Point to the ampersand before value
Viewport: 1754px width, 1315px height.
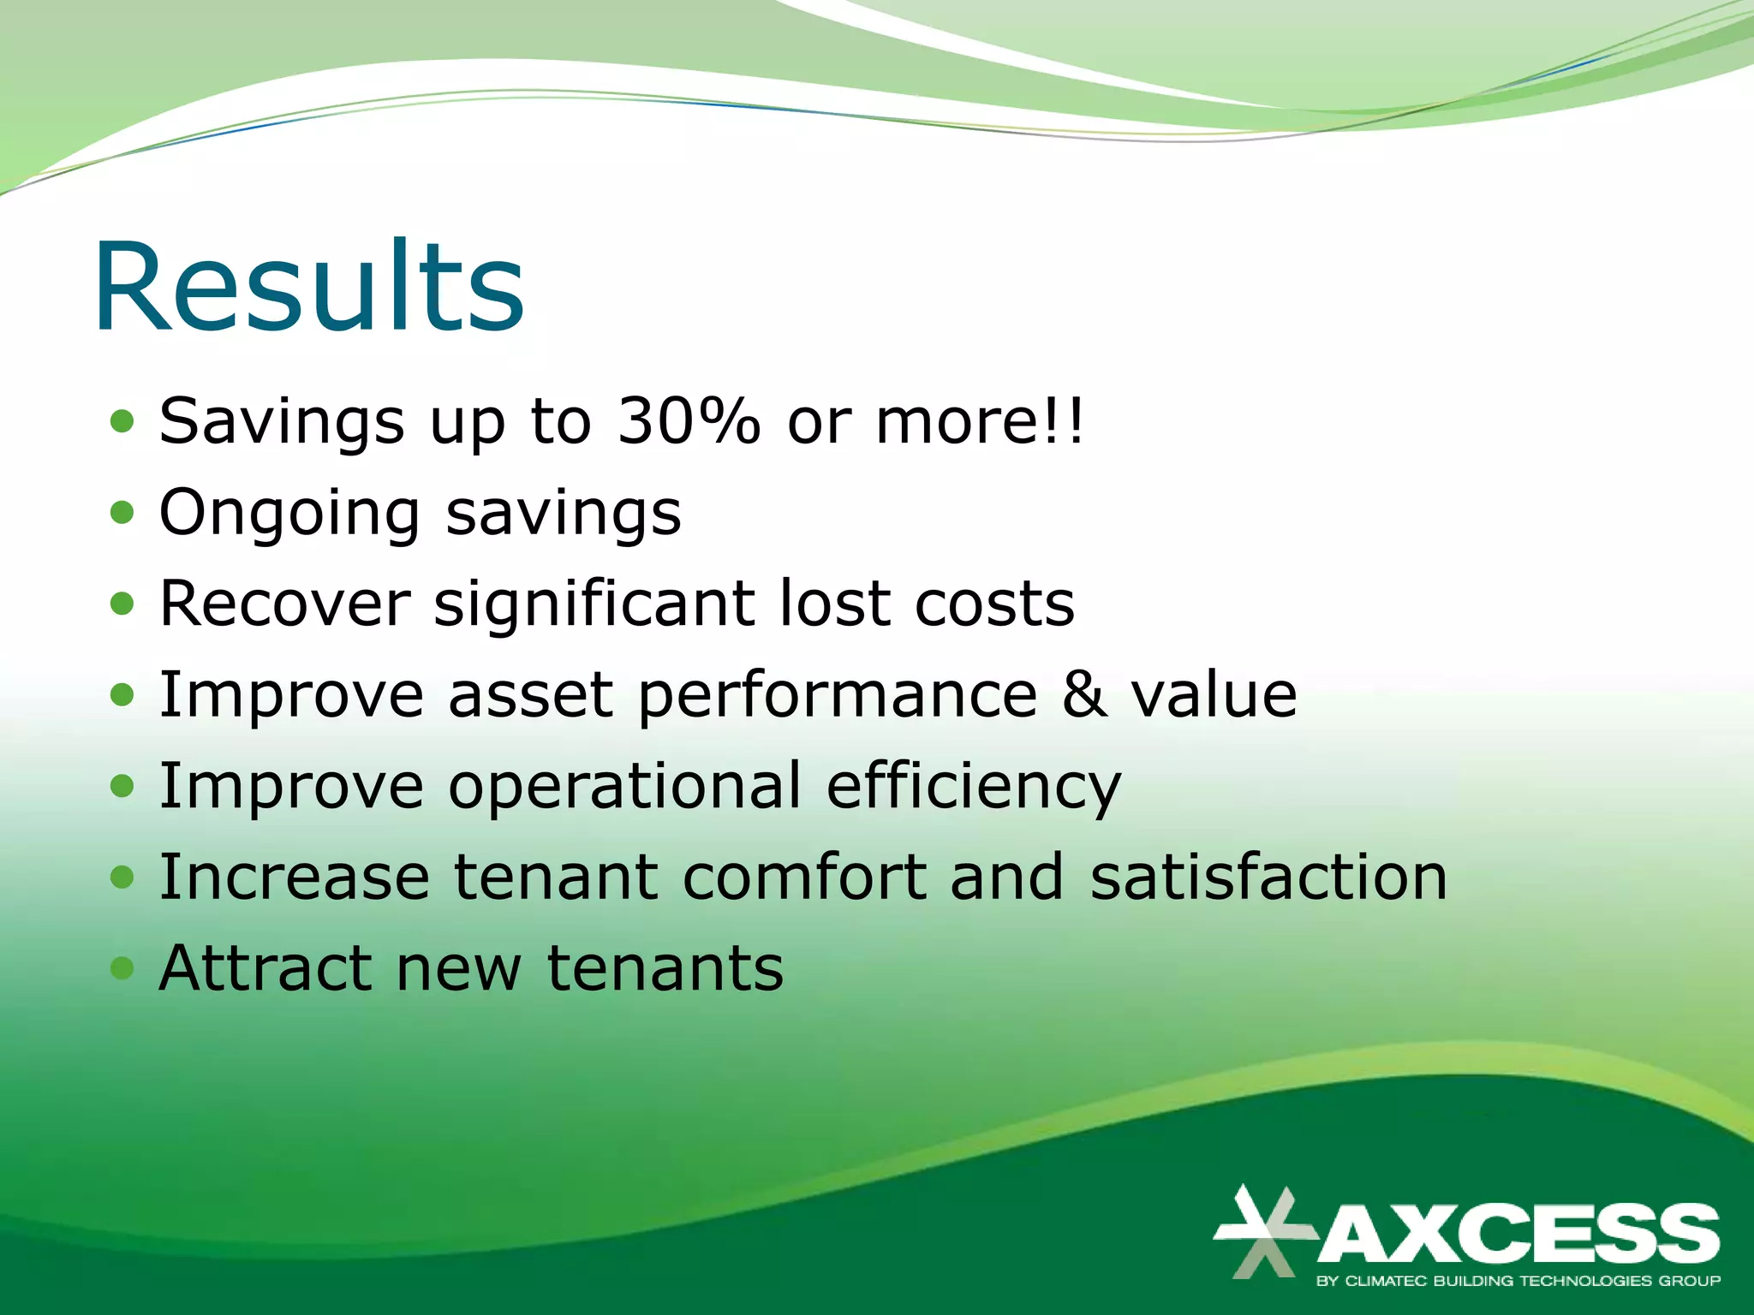(1084, 694)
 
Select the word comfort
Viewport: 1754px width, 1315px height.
(804, 878)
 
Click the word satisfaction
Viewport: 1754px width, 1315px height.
(1268, 878)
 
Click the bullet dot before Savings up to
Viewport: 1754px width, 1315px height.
(122, 421)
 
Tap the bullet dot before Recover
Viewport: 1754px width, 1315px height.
(122, 604)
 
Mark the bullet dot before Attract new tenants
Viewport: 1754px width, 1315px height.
(122, 968)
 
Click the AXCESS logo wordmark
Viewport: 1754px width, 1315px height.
(1518, 1233)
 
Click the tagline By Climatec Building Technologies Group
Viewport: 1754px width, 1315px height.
(1518, 1282)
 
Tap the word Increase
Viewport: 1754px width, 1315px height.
(294, 878)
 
